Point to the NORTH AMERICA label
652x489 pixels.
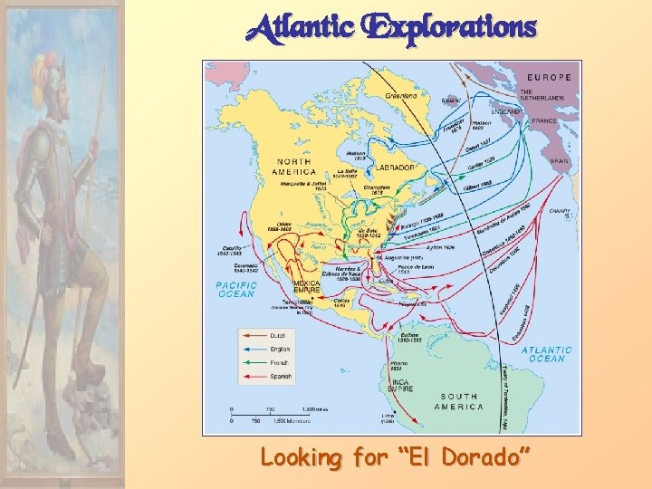[x=296, y=167]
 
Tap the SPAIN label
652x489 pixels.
[x=560, y=161]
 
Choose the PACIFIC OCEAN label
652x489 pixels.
[x=236, y=289]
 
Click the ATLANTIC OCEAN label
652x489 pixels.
[x=546, y=354]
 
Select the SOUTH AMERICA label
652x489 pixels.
[x=459, y=401]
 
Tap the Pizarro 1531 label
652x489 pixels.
[x=398, y=364]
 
